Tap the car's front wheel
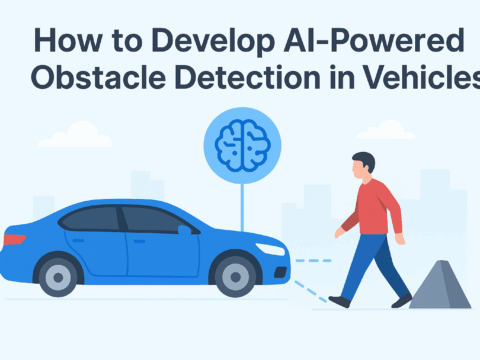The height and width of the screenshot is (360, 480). [238, 274]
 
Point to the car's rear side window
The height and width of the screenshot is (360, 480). [91, 219]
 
